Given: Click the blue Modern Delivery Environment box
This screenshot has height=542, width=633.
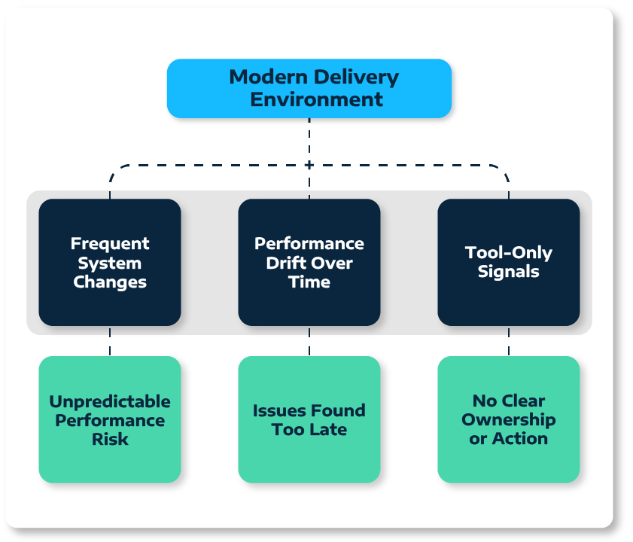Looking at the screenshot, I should pos(309,88).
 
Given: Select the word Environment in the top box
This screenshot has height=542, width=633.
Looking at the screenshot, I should pos(316,99).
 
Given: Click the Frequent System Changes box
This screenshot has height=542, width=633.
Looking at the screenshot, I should pos(110,262).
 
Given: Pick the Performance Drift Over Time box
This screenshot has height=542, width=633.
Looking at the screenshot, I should pos(309,262).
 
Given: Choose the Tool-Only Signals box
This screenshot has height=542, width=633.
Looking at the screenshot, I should pos(509,262).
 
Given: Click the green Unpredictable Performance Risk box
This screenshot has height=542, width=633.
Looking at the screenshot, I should pos(110,419).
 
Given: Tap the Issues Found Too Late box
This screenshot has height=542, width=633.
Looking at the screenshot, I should pos(309,419).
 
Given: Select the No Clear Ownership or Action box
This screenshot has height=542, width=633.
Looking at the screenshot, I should pos(509,419).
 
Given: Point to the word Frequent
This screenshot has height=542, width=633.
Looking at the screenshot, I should pos(110,243).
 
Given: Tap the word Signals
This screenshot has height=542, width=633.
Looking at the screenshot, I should pos(509,272).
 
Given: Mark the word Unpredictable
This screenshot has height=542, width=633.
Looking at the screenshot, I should pos(110,400).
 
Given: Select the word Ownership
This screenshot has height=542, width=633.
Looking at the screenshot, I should pos(509,419).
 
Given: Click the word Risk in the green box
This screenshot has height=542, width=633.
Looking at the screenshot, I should pos(110,439).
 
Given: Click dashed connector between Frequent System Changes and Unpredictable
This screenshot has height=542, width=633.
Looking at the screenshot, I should pos(110,341).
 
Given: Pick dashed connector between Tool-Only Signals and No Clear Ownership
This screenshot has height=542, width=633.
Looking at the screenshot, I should pos(509,341).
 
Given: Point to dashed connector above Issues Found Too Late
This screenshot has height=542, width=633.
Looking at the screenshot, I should pos(309,341).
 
